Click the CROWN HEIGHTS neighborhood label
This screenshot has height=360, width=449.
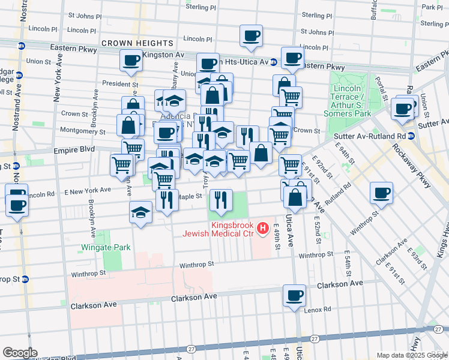tap(137, 43)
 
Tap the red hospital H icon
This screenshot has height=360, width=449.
tap(262, 228)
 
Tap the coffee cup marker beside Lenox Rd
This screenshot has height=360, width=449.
tap(294, 296)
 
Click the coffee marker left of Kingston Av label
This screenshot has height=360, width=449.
tap(130, 60)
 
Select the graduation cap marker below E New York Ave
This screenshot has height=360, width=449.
tap(141, 212)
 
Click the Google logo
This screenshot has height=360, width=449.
tap(20, 352)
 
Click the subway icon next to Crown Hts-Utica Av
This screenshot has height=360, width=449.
tap(273, 62)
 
